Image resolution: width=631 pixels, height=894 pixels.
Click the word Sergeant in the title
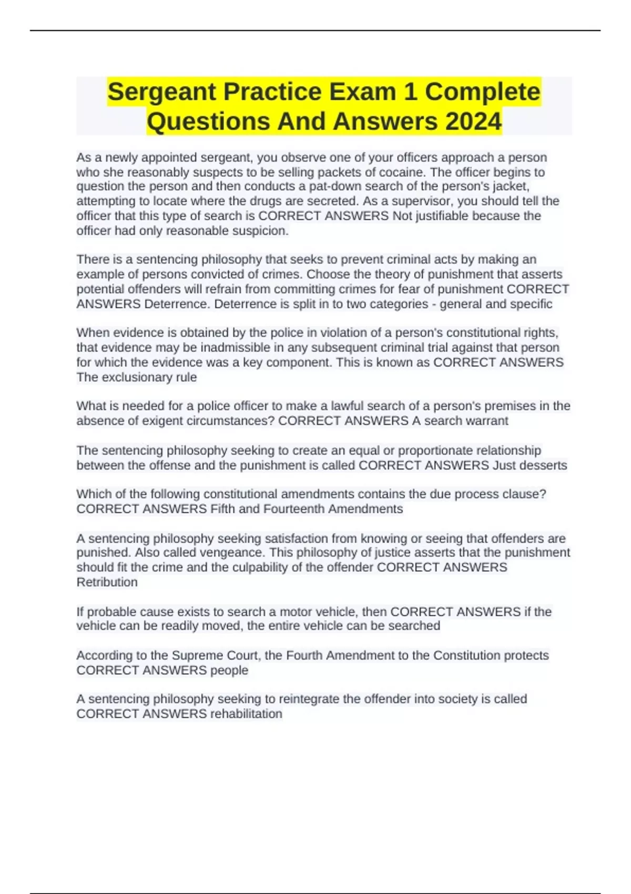[x=162, y=92]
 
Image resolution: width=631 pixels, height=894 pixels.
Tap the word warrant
[x=488, y=421]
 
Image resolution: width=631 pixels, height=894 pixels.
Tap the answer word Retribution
[x=107, y=582]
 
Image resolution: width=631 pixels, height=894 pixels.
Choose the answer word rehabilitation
[x=246, y=714]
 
